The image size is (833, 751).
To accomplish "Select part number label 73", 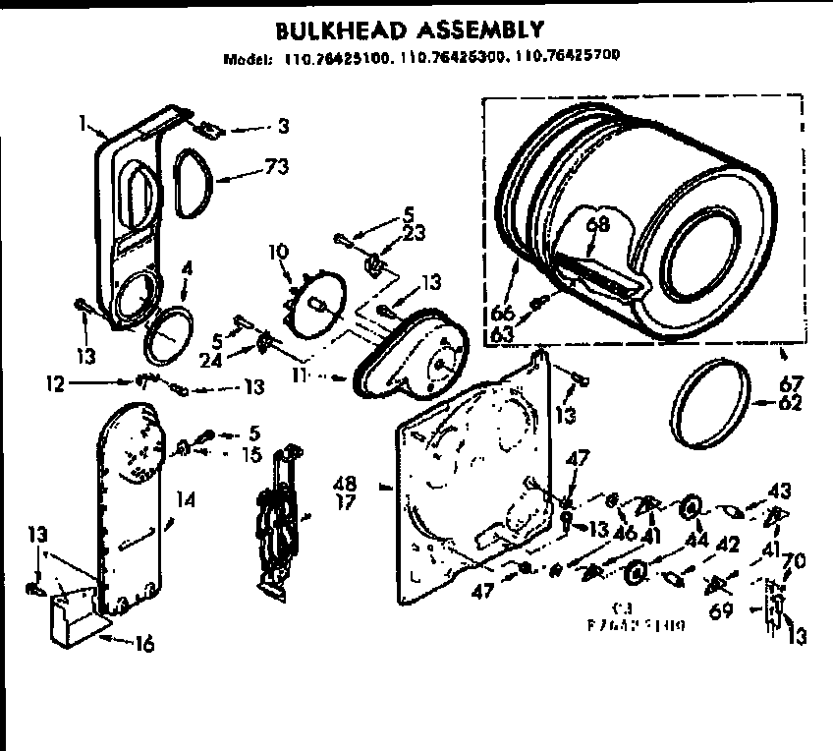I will pyautogui.click(x=276, y=166).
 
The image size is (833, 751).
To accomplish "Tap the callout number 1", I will pyautogui.click(x=85, y=125).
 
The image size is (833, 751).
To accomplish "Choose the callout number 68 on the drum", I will pyautogui.click(x=598, y=224).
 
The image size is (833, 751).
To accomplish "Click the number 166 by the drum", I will pyautogui.click(x=502, y=314).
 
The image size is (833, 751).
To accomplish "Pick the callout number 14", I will pyautogui.click(x=186, y=499).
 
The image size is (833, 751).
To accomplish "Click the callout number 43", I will pyautogui.click(x=779, y=489).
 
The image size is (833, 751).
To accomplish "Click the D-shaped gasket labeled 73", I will pyautogui.click(x=194, y=182).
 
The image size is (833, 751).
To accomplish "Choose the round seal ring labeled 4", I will pyautogui.click(x=165, y=335).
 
